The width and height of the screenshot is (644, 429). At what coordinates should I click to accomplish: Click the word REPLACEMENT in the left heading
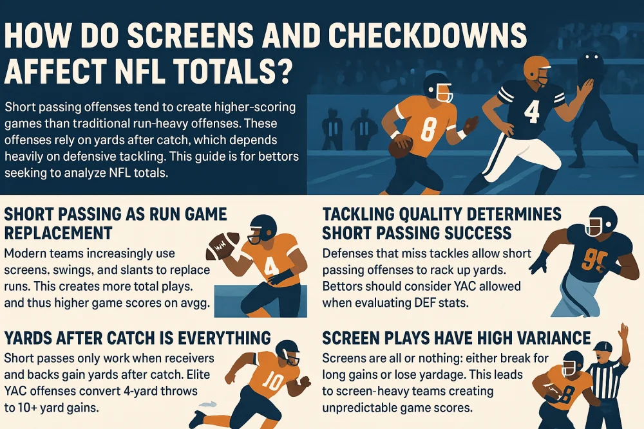click(x=59, y=232)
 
